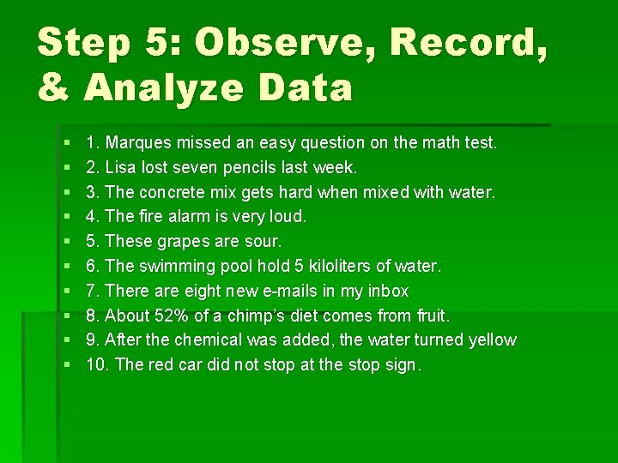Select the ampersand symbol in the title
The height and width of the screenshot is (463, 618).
tap(53, 87)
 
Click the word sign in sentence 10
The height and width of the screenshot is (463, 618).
tap(399, 364)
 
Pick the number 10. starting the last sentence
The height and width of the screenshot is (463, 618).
tap(98, 364)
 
